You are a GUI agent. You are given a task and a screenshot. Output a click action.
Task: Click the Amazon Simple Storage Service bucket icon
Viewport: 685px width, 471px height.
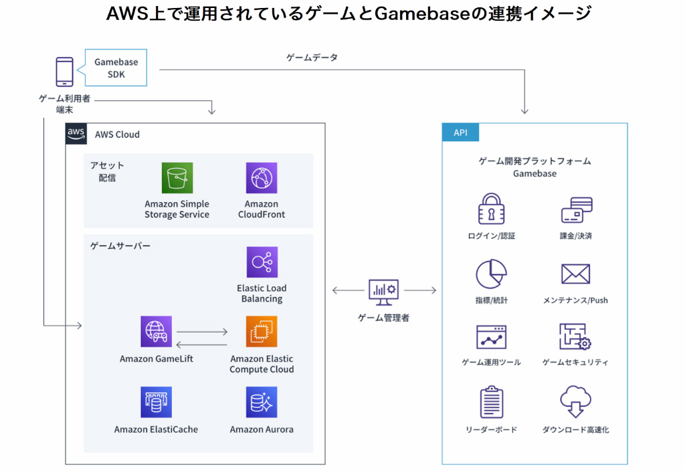pyautogui.click(x=177, y=178)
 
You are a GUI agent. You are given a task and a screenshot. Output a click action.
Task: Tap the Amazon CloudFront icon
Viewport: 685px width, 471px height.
pyautogui.click(x=262, y=178)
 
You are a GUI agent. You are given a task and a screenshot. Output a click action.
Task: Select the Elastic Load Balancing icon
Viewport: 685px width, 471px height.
pyautogui.click(x=262, y=262)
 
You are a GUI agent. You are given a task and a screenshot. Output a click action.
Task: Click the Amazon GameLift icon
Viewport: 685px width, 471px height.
pyautogui.click(x=157, y=332)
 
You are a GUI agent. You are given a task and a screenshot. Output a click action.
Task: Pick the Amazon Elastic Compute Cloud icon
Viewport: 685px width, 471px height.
pyautogui.click(x=262, y=332)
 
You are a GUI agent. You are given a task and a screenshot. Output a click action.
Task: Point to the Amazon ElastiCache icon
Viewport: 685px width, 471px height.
pyautogui.click(x=157, y=402)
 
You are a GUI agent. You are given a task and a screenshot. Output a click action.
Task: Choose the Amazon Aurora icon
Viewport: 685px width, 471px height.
pyautogui.click(x=262, y=402)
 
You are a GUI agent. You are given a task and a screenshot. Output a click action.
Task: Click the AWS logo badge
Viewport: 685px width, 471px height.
pyautogui.click(x=76, y=134)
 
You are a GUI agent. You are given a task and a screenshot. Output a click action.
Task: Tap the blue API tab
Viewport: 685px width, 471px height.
pyautogui.click(x=461, y=132)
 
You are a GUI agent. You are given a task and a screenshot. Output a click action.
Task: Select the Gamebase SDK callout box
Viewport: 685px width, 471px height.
pyautogui.click(x=116, y=68)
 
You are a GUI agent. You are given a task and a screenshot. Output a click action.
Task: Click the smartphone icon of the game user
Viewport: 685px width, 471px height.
pyautogui.click(x=64, y=72)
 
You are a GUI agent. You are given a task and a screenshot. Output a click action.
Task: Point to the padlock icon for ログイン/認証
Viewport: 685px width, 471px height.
pyautogui.click(x=492, y=209)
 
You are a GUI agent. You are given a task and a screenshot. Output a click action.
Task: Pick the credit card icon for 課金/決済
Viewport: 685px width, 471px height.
pyautogui.click(x=576, y=210)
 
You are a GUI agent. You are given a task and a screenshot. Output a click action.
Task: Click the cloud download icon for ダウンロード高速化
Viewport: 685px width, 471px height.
pyautogui.click(x=576, y=402)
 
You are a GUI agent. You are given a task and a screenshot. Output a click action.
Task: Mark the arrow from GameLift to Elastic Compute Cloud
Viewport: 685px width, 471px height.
pyautogui.click(x=202, y=331)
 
